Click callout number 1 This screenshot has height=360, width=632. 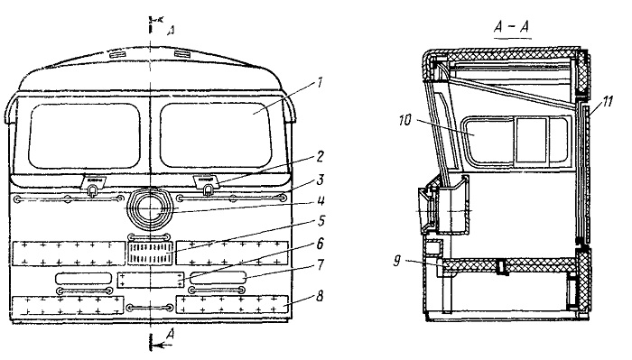tap(320, 83)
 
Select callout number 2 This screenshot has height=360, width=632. tap(320, 156)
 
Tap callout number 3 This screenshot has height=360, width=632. tap(320, 180)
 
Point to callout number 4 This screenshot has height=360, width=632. tap(321, 200)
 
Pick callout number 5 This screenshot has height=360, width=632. tap(321, 221)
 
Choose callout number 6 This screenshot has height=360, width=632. tap(321, 244)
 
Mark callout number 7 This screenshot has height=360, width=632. tap(321, 264)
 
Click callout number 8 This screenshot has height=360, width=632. tap(320, 296)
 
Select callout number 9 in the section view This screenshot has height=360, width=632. tap(396, 261)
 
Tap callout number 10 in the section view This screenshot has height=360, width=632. tap(405, 120)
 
